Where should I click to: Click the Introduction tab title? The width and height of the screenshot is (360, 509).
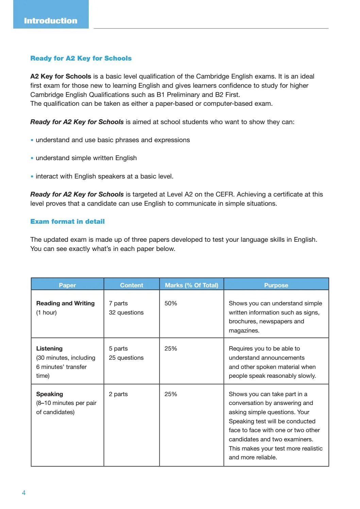tap(51, 21)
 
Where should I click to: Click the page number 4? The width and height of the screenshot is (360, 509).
tap(23, 493)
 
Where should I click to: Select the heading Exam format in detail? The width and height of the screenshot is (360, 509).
tap(67, 221)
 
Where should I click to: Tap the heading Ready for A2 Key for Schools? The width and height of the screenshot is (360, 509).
tap(81, 58)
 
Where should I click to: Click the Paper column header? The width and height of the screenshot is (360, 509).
tap(67, 285)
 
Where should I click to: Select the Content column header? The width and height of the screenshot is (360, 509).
tap(132, 285)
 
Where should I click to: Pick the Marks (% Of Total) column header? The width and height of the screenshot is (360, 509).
tap(191, 285)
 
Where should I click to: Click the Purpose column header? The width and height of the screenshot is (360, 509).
tap(276, 285)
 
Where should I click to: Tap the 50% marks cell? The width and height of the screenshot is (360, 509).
tap(171, 303)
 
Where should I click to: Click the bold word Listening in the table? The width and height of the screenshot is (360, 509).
tap(49, 349)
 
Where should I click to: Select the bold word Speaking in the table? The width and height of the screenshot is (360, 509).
tap(50, 394)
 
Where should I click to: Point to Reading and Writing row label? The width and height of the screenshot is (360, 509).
tap(65, 303)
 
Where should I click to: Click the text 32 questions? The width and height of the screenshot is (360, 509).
tap(126, 312)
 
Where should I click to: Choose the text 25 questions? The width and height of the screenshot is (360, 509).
tap(126, 358)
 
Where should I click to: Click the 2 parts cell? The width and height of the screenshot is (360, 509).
tap(118, 394)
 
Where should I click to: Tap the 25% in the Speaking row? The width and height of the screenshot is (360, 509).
tap(171, 394)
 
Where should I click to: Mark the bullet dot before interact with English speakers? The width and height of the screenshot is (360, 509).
tap(32, 176)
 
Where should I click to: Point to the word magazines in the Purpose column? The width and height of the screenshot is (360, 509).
tap(244, 330)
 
